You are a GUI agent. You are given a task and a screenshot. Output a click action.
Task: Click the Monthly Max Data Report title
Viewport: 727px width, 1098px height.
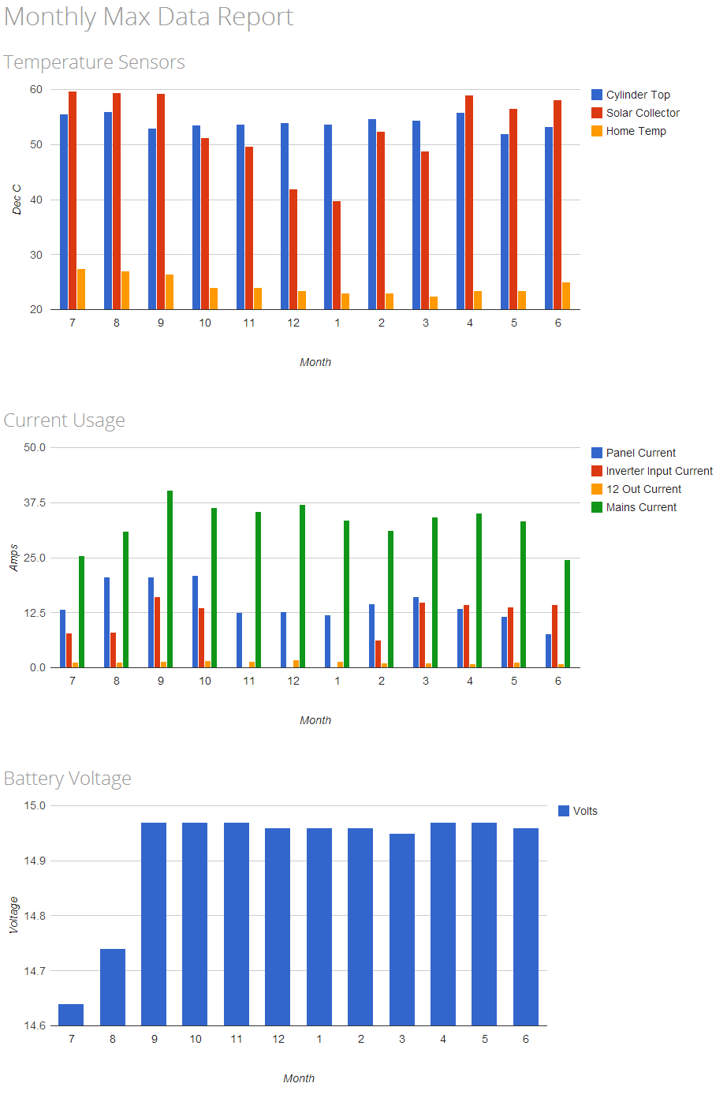[x=148, y=17]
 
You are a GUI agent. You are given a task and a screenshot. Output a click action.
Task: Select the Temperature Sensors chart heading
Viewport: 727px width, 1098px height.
[x=94, y=62]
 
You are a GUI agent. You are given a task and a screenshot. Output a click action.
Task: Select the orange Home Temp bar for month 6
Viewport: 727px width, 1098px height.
[x=566, y=296]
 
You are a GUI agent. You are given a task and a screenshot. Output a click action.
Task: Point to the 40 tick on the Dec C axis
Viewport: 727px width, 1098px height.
[x=36, y=200]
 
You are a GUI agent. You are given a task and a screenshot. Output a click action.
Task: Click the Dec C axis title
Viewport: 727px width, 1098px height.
[x=17, y=200]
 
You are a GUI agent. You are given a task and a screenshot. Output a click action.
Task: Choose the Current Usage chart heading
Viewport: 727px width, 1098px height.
[x=64, y=420]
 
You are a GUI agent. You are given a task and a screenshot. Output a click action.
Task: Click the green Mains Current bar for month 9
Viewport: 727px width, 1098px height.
[x=170, y=579]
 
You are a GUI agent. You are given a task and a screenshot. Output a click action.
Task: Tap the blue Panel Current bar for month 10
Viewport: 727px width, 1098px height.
[x=195, y=622]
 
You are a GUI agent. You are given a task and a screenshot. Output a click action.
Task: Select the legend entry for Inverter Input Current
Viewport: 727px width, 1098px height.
[x=658, y=471]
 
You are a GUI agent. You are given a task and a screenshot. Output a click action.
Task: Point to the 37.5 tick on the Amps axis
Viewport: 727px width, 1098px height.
[x=35, y=502]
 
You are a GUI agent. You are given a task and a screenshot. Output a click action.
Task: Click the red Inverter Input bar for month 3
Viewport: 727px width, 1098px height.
[x=422, y=635]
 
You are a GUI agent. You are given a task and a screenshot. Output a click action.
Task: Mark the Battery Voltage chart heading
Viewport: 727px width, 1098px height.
[x=67, y=779]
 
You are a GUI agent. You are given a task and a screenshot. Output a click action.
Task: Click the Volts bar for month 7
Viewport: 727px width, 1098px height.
[x=71, y=1014]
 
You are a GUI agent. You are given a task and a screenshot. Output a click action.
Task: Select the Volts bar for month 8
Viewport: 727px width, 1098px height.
[x=113, y=987]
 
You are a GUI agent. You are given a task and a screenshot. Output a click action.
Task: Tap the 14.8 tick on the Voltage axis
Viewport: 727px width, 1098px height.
[x=35, y=916]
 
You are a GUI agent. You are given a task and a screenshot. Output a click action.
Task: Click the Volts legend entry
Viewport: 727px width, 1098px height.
[x=584, y=811]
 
